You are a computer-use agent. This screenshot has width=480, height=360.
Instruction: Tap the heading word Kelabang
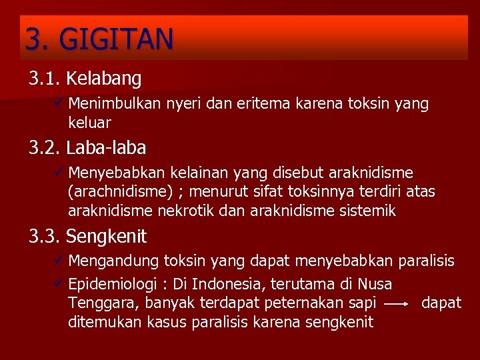(104, 79)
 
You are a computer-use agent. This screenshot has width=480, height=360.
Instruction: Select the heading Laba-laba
(106, 147)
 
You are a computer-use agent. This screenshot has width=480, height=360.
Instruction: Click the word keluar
(89, 123)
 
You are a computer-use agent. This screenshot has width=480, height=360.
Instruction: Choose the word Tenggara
(95, 303)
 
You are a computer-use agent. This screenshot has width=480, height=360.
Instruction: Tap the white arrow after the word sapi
(397, 303)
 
